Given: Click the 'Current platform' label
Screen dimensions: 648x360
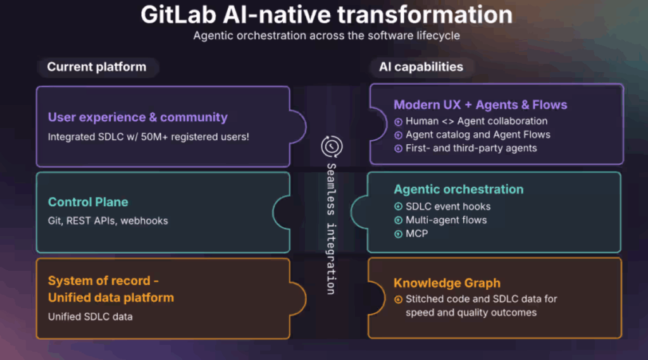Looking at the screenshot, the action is click(97, 67).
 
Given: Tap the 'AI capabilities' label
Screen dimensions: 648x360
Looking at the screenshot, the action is click(421, 67).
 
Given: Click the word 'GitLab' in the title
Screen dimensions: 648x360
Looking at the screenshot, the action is click(178, 15).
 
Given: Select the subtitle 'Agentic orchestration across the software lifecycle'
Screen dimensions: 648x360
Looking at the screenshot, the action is click(327, 35).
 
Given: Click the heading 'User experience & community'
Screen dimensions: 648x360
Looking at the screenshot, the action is click(137, 118).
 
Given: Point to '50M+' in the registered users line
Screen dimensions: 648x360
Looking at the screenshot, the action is click(154, 137).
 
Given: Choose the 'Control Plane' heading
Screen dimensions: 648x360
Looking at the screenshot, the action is click(88, 202).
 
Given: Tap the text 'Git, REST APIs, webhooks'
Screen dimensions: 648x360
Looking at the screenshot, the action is click(108, 221).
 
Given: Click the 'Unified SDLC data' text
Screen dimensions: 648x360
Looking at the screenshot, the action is click(90, 316).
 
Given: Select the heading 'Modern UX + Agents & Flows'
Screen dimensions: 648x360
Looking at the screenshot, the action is click(480, 105).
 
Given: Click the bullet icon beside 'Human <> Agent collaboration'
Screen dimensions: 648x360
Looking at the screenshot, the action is click(399, 121).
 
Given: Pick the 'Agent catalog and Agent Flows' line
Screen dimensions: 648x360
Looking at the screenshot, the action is click(478, 135).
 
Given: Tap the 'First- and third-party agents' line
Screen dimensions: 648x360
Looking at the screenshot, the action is click(471, 149).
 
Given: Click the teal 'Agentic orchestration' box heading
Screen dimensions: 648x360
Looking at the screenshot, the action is click(458, 189).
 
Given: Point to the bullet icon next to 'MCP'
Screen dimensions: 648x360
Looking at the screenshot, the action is click(399, 234).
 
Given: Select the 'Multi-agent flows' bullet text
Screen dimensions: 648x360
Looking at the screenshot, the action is click(446, 220).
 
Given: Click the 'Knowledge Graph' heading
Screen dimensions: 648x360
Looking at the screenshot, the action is click(447, 283).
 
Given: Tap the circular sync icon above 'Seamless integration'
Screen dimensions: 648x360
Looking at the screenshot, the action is click(332, 146).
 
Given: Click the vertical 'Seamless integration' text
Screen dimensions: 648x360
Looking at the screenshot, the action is click(331, 229).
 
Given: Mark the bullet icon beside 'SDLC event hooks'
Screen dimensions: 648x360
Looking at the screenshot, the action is click(399, 207).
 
